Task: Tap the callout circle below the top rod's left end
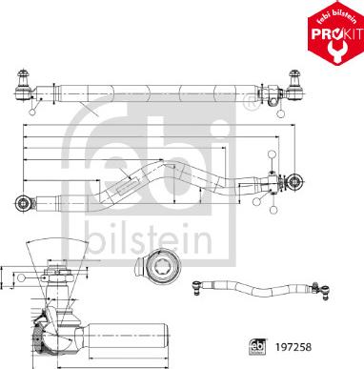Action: [x=34, y=112]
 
